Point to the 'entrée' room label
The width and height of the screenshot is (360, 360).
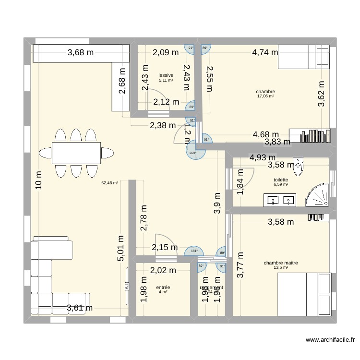[x=163, y=287]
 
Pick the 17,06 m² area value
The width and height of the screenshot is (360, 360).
[x=265, y=96]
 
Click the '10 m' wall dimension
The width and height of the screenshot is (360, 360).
[x=39, y=182]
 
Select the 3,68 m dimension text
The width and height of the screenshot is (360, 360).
[x=81, y=53]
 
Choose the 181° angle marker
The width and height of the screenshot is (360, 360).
[x=194, y=251]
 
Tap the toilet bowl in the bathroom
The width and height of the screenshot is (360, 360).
[x=298, y=168]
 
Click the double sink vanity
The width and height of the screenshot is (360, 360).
[x=281, y=200]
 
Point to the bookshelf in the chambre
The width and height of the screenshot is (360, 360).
[x=309, y=135]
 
